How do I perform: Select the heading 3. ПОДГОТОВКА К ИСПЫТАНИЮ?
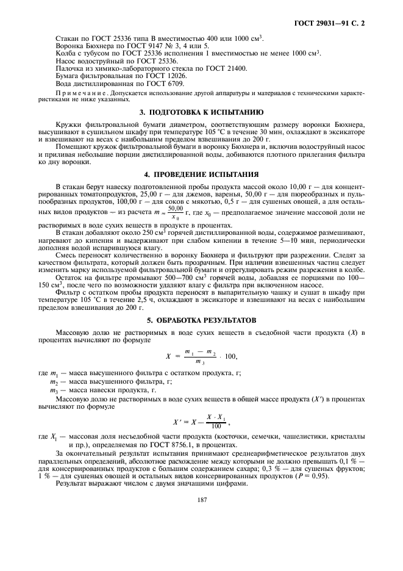pyautogui.click(x=201, y=112)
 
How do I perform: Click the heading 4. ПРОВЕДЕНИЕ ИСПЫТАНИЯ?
pyautogui.click(x=201, y=174)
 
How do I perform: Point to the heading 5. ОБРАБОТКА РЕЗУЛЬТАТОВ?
pyautogui.click(x=201, y=319)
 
